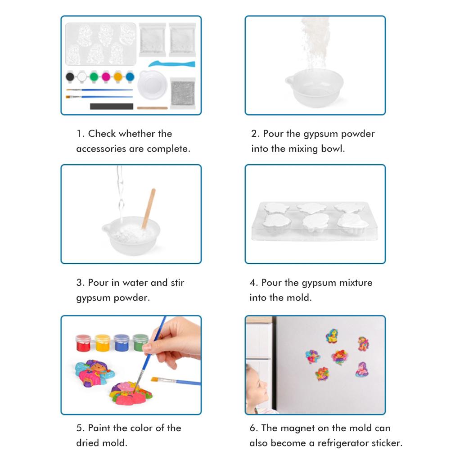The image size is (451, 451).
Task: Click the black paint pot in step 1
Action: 70,77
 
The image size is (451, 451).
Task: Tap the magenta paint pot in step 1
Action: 106,77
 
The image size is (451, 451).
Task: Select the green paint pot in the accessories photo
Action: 94,77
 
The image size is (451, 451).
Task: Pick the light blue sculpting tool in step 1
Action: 172,63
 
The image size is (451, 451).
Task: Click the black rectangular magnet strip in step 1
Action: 112,106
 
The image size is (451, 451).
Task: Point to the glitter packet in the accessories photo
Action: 183,93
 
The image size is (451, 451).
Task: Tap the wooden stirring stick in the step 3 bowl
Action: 149,208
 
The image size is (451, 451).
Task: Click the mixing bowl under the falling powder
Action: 314,87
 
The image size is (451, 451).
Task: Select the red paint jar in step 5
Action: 83,343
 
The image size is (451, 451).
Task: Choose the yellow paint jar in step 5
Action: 102,343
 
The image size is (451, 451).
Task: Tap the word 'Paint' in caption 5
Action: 99,428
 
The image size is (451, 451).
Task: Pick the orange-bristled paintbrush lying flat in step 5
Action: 176,381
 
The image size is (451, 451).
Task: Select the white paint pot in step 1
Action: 82,77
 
